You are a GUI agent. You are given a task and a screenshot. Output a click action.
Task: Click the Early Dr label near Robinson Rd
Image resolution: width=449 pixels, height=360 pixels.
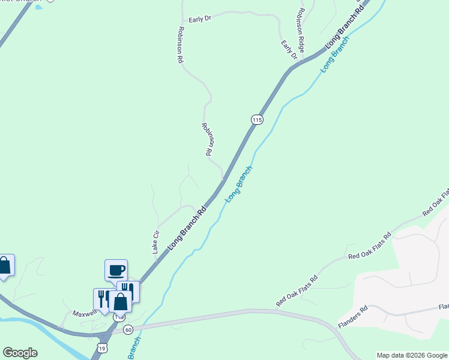coord(200,19)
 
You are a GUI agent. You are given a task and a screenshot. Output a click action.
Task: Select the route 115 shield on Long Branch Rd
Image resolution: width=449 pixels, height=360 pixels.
coord(256,119)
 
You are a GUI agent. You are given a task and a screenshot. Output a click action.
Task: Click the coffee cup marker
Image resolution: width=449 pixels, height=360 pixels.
coord(116,270)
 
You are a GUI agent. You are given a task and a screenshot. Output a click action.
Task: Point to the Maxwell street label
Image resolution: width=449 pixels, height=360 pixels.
coord(85,313)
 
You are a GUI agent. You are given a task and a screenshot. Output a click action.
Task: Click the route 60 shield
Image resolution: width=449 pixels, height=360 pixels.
coord(128,329)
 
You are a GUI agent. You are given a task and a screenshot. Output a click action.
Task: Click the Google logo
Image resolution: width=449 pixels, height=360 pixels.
coord(20,353)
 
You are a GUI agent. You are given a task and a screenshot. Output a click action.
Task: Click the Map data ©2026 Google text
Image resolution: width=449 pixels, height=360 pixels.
coord(412,355)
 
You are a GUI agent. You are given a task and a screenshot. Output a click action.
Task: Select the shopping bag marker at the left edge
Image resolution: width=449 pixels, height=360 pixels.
coord(4,265)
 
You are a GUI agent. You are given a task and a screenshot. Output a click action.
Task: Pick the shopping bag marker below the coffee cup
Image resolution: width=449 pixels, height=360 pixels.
coord(120,302)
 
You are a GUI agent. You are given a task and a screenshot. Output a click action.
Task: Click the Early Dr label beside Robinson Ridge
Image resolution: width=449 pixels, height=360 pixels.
coord(289,50)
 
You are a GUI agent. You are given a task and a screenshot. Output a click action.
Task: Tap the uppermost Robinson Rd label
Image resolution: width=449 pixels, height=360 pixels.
coord(179,45)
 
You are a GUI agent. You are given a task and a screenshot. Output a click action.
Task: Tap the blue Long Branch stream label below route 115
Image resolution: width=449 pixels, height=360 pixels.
coord(238,184)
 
